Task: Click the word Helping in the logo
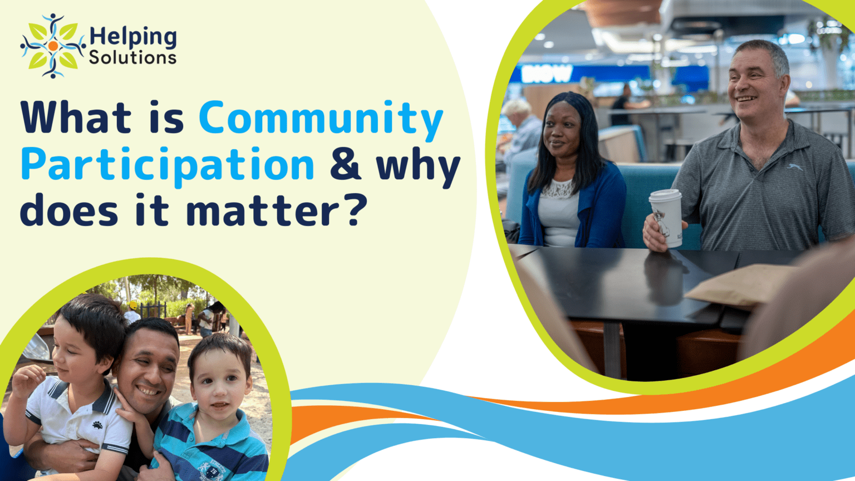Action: (132, 37)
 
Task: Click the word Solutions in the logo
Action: (132, 57)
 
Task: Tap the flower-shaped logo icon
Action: (53, 46)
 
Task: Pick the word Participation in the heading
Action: (168, 165)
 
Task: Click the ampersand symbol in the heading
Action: (345, 165)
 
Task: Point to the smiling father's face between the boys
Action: (146, 371)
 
